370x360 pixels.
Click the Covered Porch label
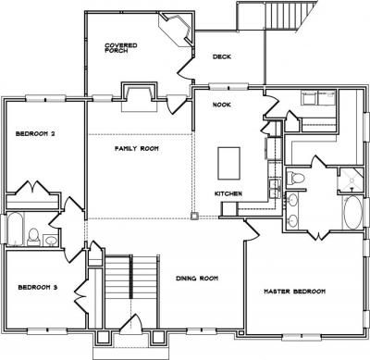click(x=121, y=48)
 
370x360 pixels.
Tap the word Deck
click(x=222, y=56)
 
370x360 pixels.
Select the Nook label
click(x=222, y=105)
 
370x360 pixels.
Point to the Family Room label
click(x=137, y=149)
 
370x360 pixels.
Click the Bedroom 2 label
click(x=35, y=134)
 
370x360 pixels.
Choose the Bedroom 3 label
click(x=38, y=288)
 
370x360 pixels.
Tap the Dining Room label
click(x=197, y=279)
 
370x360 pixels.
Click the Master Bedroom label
click(x=295, y=292)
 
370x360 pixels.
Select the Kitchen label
click(x=228, y=193)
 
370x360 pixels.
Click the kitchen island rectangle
click(x=228, y=164)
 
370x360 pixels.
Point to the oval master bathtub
click(x=352, y=213)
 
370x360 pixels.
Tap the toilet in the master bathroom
click(x=295, y=178)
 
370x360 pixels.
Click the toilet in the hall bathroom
click(x=33, y=237)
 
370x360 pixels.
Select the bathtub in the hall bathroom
click(x=15, y=229)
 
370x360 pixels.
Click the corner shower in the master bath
click(x=351, y=180)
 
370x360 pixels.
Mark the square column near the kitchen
click(x=194, y=217)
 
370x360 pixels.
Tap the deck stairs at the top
click(x=281, y=16)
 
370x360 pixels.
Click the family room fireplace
click(x=140, y=96)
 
